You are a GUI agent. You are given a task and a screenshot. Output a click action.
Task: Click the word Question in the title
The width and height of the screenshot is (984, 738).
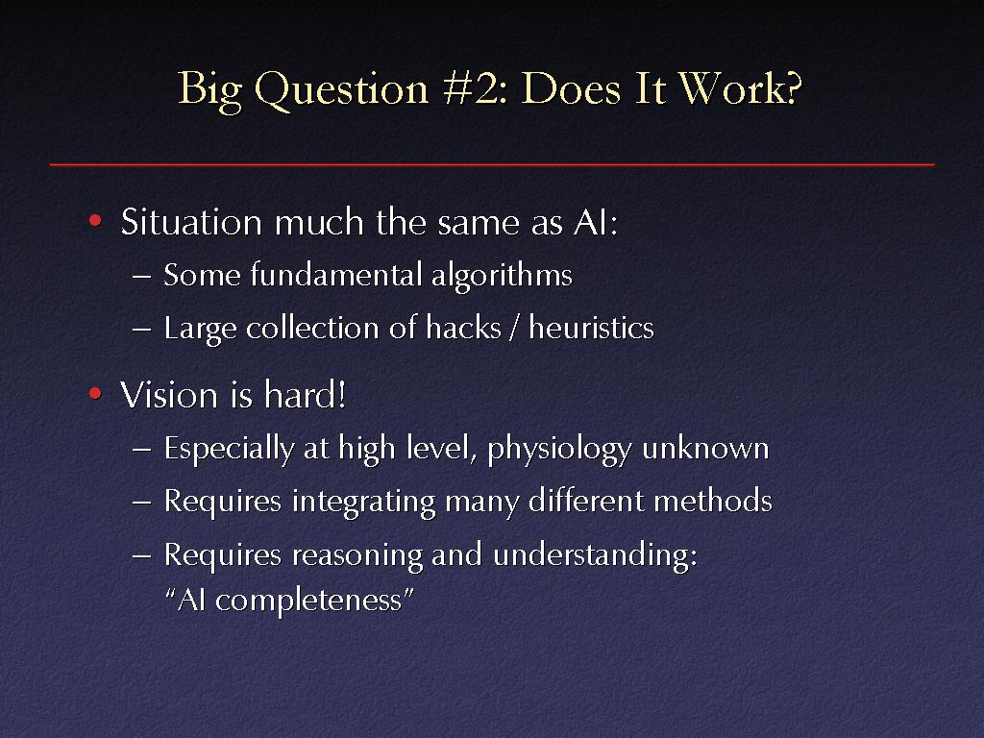(x=341, y=89)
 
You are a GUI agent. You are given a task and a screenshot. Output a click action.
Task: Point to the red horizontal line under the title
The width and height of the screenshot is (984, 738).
(x=492, y=165)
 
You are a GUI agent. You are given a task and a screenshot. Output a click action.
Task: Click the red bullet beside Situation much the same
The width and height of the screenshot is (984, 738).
(x=95, y=220)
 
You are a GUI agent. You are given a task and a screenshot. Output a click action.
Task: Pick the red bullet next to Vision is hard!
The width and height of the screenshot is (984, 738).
(x=95, y=393)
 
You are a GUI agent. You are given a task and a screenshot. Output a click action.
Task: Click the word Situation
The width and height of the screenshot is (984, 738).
(x=191, y=222)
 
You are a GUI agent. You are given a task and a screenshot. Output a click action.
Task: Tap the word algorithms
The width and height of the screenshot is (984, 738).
(x=502, y=276)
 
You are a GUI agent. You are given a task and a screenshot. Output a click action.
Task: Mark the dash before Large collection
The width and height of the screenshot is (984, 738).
(x=142, y=329)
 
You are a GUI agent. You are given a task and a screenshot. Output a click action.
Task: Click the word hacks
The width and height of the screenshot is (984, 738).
(x=463, y=328)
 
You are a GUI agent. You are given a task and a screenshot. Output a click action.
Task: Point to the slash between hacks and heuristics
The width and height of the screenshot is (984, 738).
(x=515, y=329)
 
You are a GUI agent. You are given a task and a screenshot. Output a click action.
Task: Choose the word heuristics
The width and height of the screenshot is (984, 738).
(x=591, y=328)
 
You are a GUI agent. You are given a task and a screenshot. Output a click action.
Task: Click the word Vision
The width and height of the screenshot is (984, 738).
(x=169, y=395)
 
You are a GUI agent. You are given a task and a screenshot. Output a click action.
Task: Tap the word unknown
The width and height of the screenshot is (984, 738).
(x=705, y=448)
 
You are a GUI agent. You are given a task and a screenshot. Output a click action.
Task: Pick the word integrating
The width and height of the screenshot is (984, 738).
(x=363, y=503)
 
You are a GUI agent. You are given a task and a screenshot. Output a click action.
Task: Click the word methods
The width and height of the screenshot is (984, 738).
(x=713, y=501)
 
